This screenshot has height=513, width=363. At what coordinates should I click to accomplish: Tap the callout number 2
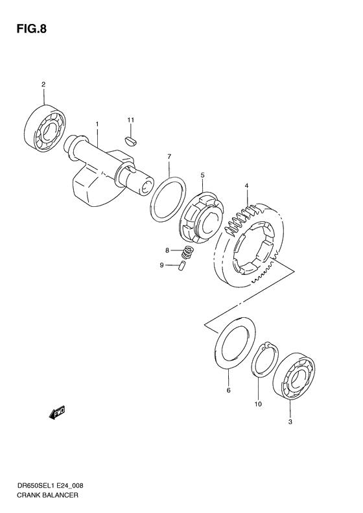pos(43,84)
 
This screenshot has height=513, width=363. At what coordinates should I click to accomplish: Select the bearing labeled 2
pos(45,130)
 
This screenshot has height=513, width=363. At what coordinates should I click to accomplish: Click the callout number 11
pos(130,121)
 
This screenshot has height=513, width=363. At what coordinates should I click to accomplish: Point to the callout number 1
pos(97,124)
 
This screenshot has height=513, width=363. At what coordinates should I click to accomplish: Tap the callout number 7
pos(169,157)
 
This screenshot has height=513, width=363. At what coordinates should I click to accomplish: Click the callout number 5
pos(202,175)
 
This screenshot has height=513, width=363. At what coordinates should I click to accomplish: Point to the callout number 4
pos(246,187)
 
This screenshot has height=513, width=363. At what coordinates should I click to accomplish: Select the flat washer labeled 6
pos(232,343)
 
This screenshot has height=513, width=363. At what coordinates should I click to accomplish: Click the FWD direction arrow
pos(56,412)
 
